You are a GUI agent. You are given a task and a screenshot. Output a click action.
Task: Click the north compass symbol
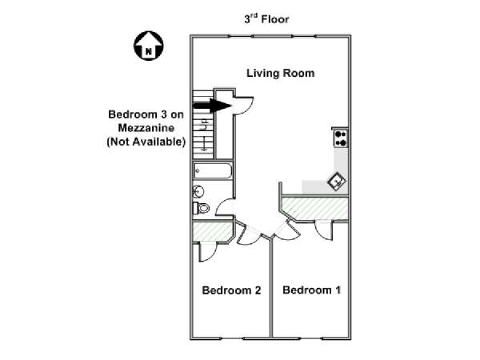tap(149, 46)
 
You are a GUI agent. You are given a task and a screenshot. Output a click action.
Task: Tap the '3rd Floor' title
tap(266, 19)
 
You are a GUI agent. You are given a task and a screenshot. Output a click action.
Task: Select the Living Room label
tap(281, 73)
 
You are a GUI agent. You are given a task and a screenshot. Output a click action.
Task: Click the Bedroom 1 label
tap(312, 290)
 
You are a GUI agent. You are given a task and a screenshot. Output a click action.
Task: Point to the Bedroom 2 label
tap(231, 290)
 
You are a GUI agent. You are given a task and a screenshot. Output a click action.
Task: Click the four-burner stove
tap(341, 138)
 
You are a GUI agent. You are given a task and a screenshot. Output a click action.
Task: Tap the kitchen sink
tap(337, 182)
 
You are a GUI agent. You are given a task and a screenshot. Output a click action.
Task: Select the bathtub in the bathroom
tap(212, 171)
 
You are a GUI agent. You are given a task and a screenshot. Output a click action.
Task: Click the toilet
tap(201, 208)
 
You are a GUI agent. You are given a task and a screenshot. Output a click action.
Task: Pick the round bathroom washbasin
tap(198, 192)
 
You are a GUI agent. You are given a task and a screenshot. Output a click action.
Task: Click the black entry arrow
tap(212, 106)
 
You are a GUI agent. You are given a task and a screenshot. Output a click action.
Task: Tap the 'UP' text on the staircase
tap(204, 125)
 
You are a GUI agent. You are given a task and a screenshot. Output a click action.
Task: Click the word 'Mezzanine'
tap(146, 128)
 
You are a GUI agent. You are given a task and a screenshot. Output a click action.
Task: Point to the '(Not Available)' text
tap(146, 142)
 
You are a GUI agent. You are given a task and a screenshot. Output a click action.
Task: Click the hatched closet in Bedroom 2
tap(211, 231)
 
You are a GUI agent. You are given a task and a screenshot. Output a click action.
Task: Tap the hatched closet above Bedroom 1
tap(315, 208)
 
